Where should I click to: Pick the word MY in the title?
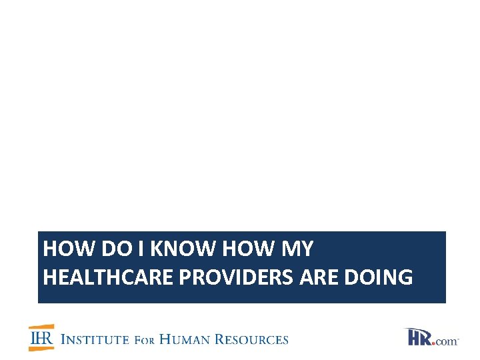(x=298, y=249)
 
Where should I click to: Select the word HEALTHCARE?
(x=108, y=277)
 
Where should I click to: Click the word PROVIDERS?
(x=237, y=277)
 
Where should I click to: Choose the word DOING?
(x=379, y=277)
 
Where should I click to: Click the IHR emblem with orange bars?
(x=40, y=338)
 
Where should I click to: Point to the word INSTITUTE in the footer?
(x=95, y=339)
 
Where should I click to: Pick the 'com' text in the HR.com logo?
(x=447, y=341)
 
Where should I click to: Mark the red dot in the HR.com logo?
(x=435, y=343)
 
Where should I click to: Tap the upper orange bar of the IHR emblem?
(x=40, y=327)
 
